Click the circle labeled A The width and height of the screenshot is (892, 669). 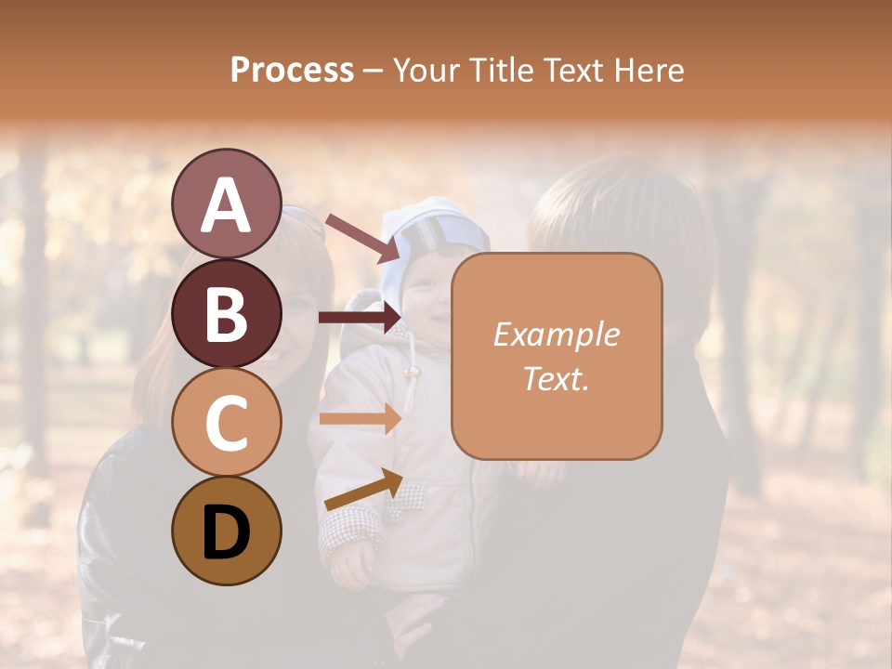click(226, 204)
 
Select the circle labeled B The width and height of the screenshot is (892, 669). click(226, 313)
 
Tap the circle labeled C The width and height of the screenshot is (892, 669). click(226, 422)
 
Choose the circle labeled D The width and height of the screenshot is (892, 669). click(226, 531)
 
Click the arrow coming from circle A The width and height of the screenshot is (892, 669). click(361, 237)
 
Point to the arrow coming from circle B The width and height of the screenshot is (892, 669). click(360, 318)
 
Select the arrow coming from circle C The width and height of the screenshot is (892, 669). click(360, 418)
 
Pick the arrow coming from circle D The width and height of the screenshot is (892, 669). click(363, 490)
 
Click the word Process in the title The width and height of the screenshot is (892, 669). click(292, 70)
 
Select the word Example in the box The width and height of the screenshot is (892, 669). click(557, 335)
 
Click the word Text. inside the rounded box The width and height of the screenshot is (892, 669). click(557, 378)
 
